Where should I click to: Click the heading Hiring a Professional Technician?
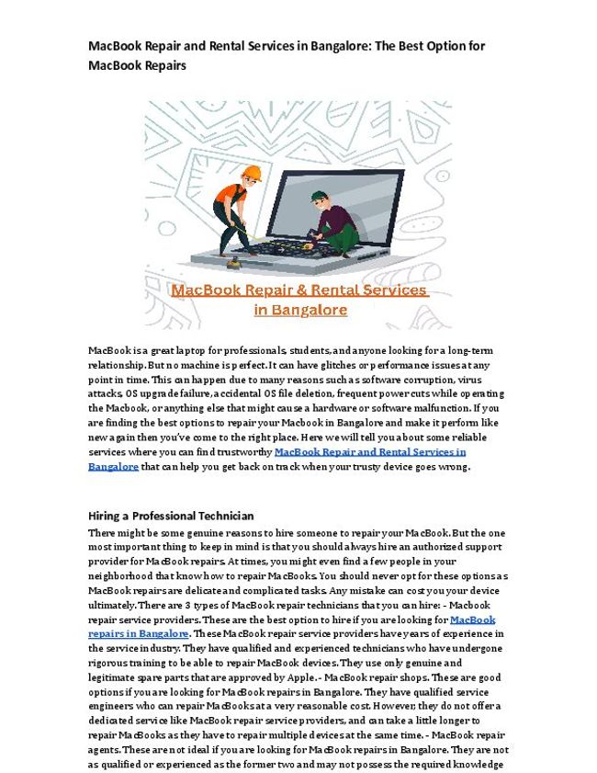point(171,516)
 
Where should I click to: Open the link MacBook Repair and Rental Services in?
point(370,452)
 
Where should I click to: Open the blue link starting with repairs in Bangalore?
point(139,633)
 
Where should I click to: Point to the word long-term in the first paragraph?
point(472,350)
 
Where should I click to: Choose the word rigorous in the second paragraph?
point(110,663)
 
